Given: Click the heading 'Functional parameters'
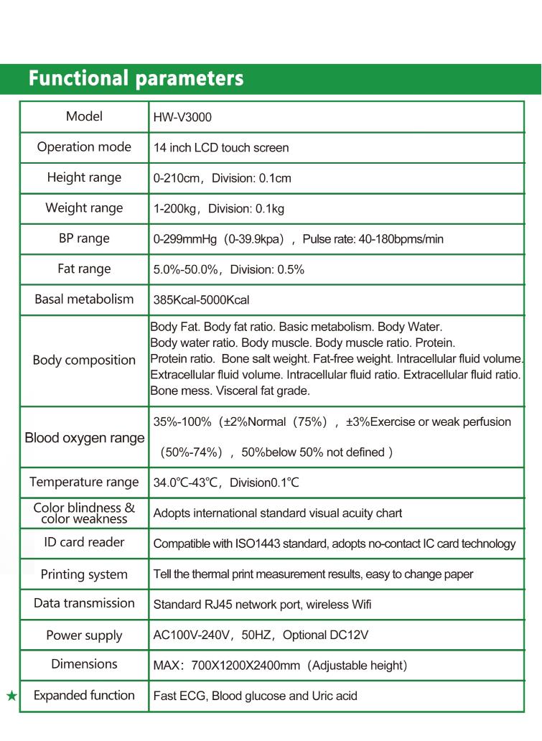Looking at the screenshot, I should tap(136, 78).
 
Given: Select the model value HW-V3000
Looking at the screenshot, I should tap(182, 117).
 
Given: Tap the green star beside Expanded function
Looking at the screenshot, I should tap(11, 696).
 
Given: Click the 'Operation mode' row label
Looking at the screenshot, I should tap(84, 147).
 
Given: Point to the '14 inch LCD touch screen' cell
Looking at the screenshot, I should tap(221, 148).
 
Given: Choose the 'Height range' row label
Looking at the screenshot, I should tap(84, 177).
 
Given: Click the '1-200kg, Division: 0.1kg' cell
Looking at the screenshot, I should tap(219, 209).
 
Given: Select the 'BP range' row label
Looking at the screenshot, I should tap(84, 238).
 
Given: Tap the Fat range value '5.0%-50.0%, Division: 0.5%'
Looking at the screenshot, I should tap(229, 270).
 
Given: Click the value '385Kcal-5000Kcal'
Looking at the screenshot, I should tap(202, 300).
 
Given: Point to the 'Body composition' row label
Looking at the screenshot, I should tap(84, 360).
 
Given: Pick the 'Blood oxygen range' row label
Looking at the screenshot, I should tap(85, 438).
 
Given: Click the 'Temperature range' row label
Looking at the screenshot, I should tap(84, 482).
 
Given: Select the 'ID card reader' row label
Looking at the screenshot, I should tap(84, 542).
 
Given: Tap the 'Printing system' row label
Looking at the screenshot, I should tap(84, 574).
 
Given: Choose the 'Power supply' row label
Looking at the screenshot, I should tap(84, 635).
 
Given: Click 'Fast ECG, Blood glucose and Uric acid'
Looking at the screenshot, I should tap(255, 696).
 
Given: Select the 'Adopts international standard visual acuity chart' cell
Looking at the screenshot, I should tap(278, 513).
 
